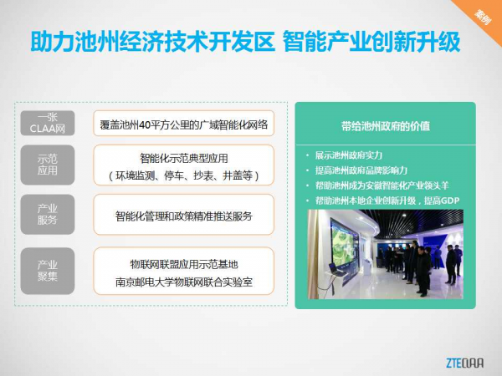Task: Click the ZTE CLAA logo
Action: [x=465, y=363]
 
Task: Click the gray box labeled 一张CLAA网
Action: [x=48, y=123]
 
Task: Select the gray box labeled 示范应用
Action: [x=48, y=165]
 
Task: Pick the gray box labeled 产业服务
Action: [x=48, y=214]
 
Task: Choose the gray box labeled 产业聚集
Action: [x=48, y=271]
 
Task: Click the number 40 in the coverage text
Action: [x=145, y=124]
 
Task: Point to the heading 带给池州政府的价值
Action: [x=386, y=126]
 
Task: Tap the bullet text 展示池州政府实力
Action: [x=349, y=155]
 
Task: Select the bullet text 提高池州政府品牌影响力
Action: [x=361, y=170]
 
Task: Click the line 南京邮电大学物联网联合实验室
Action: [x=184, y=282]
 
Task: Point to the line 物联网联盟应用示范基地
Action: [x=184, y=264]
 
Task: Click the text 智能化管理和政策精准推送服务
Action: [x=184, y=216]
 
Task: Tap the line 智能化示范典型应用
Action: [x=184, y=158]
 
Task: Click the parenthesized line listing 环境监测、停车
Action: [x=184, y=175]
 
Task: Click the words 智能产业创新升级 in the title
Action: [x=371, y=42]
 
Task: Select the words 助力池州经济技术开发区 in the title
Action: [x=153, y=42]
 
